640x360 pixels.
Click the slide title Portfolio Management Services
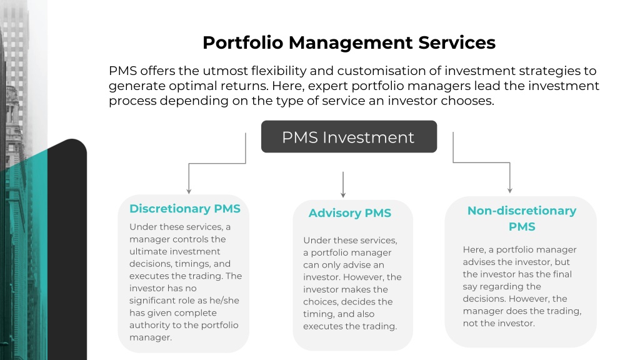(349, 42)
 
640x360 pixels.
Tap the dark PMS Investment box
(349, 137)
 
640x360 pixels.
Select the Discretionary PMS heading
(185, 209)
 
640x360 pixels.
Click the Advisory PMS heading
(350, 213)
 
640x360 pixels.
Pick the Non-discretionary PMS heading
(522, 218)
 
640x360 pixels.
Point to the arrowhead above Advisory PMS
(343, 195)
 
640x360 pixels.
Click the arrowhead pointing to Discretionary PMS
(189, 191)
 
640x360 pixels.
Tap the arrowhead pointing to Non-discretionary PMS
(510, 190)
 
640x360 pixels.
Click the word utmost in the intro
(225, 71)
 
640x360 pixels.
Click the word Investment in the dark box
(368, 137)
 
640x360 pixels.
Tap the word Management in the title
(351, 43)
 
